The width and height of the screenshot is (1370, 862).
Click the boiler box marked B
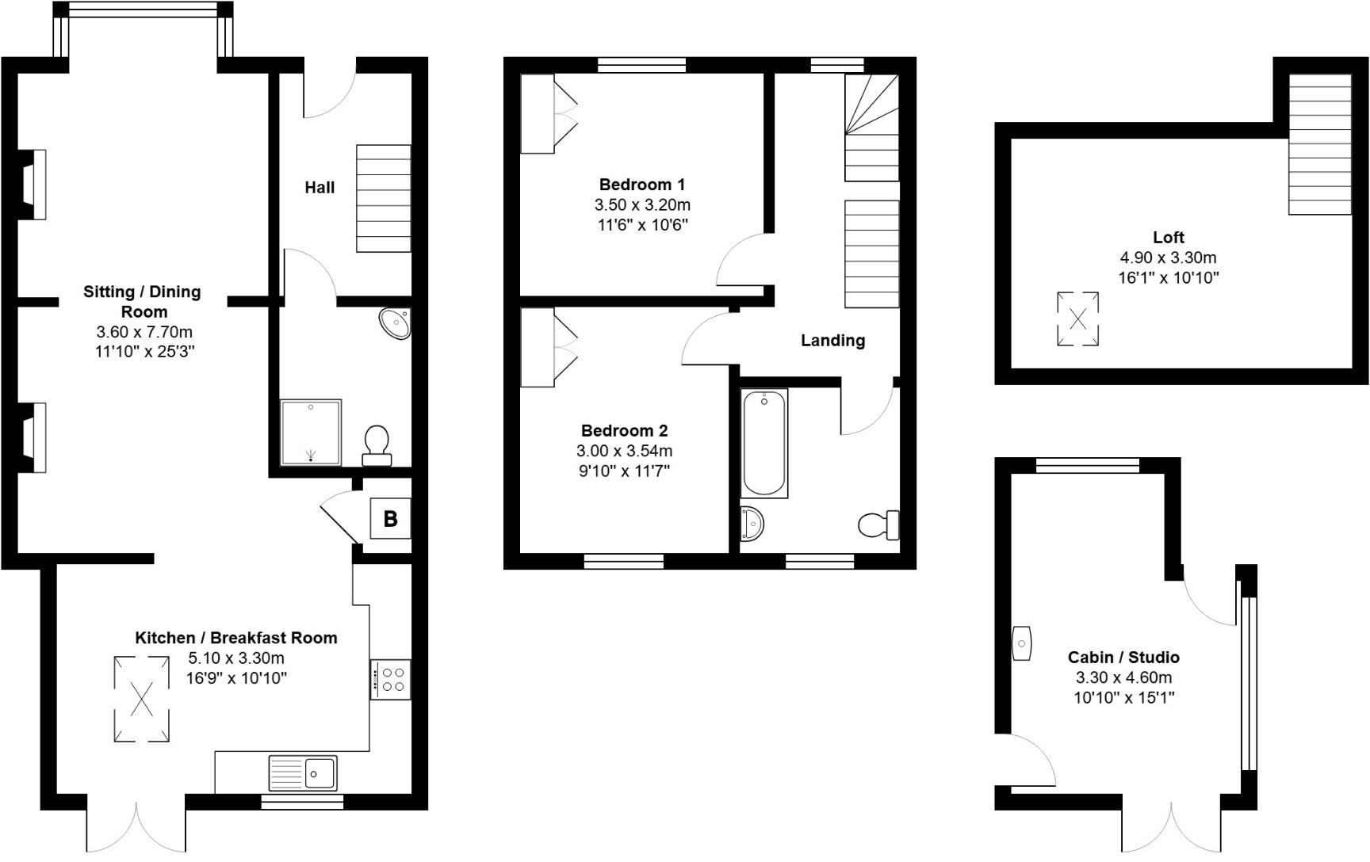click(390, 519)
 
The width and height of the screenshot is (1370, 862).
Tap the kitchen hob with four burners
click(391, 680)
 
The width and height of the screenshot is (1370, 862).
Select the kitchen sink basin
click(321, 772)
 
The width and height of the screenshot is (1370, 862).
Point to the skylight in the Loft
click(1077, 319)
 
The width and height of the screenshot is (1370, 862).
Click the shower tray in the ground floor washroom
click(311, 432)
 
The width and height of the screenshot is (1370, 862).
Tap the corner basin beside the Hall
click(396, 323)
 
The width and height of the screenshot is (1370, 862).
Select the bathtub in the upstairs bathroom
click(764, 442)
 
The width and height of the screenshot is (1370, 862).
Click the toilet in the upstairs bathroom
click(878, 524)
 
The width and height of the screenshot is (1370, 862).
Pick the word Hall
click(320, 188)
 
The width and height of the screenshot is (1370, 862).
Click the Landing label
click(832, 341)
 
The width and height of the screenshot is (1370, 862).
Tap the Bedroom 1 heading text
click(641, 185)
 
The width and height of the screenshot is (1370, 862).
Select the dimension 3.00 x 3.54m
click(624, 452)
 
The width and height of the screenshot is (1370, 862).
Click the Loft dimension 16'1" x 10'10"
click(1168, 278)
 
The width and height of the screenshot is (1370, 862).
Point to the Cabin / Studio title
click(1123, 657)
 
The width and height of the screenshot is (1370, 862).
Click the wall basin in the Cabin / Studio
click(1021, 643)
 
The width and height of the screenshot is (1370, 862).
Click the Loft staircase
click(1319, 144)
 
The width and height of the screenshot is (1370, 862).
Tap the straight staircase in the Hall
click(384, 198)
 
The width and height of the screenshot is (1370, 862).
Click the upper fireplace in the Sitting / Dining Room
click(34, 184)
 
